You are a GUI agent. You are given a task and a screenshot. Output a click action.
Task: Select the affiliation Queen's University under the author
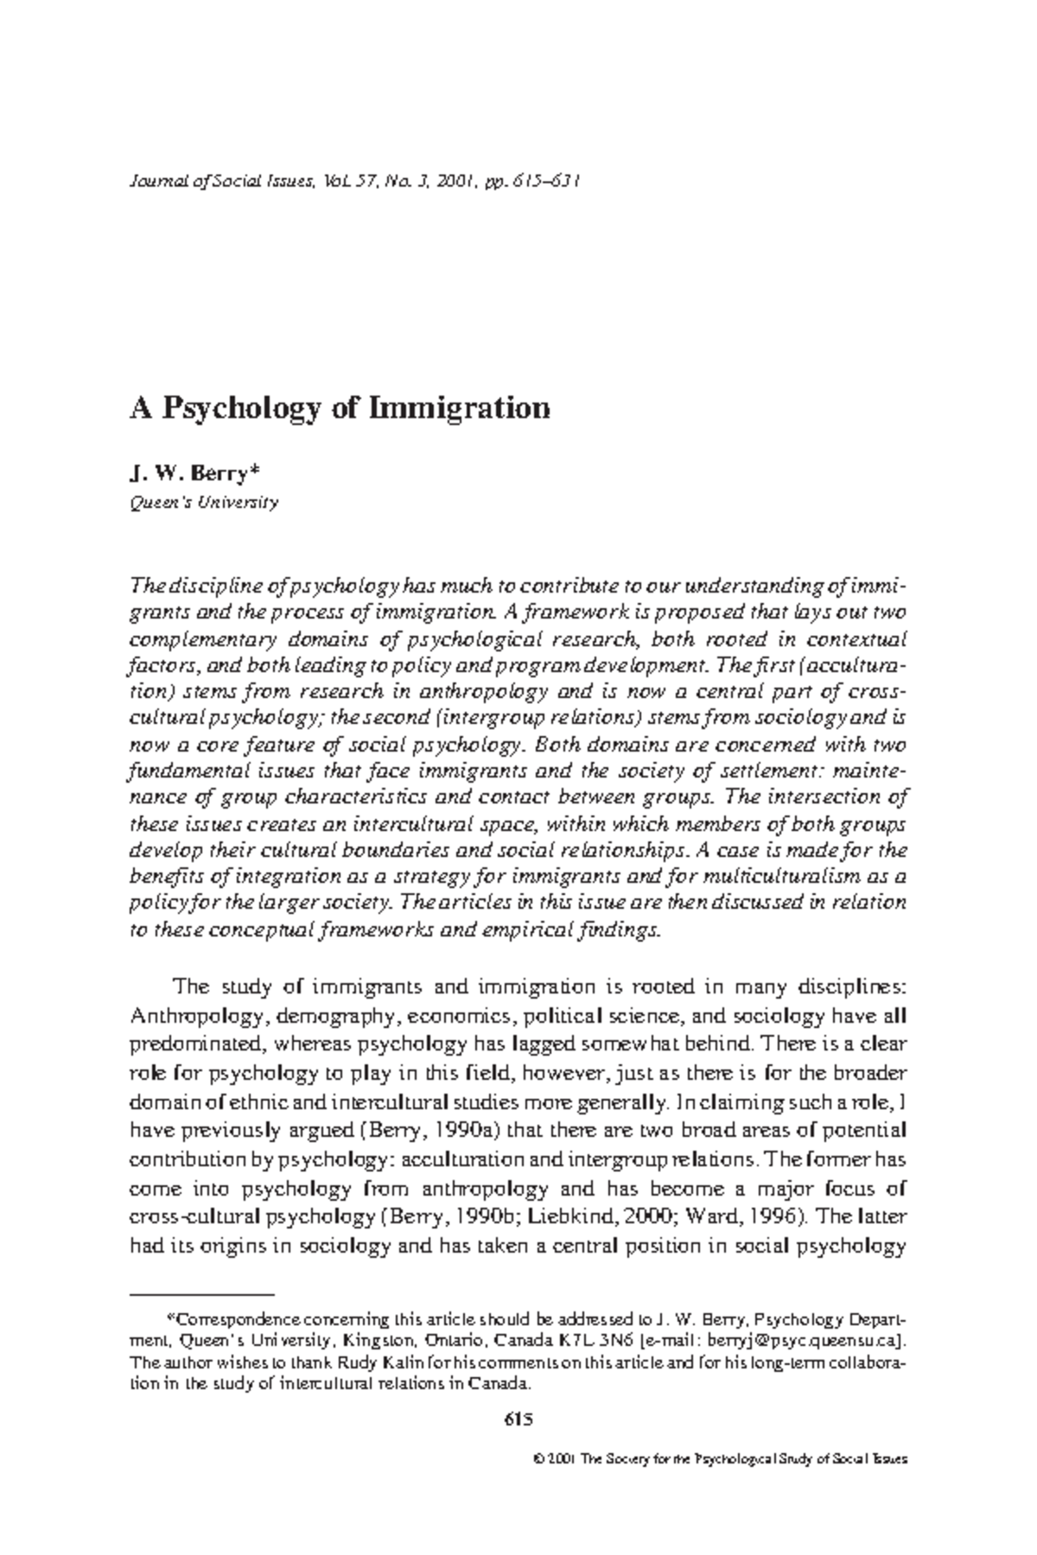tap(204, 503)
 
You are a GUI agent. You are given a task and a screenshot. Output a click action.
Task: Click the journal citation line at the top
tap(354, 182)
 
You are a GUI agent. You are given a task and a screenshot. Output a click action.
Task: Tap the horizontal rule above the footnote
tap(201, 1295)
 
